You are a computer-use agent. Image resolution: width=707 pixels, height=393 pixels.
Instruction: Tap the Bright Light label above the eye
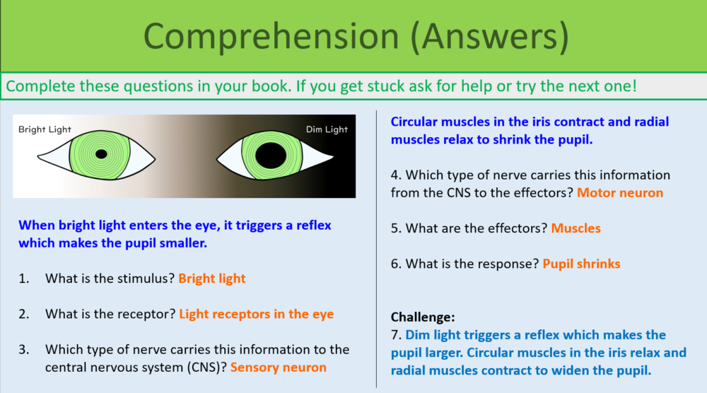click(x=45, y=129)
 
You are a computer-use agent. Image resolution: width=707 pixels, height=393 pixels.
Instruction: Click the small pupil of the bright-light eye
click(x=101, y=154)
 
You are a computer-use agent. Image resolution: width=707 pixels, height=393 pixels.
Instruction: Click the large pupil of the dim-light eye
click(x=270, y=156)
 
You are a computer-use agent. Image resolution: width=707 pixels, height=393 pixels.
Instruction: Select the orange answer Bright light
click(x=212, y=278)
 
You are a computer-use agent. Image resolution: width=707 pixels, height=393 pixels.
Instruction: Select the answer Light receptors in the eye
click(x=256, y=314)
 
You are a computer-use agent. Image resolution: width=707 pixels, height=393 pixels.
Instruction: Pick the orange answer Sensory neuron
click(x=279, y=367)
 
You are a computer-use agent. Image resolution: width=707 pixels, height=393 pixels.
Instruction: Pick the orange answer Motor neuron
click(x=620, y=192)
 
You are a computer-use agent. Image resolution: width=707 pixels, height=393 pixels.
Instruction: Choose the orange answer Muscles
click(x=575, y=228)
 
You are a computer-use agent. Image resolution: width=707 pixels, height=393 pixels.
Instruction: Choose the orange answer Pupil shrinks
click(x=581, y=264)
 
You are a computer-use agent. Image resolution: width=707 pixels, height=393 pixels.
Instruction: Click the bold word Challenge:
click(x=423, y=317)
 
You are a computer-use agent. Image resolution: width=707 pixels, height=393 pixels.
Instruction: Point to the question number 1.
click(x=24, y=278)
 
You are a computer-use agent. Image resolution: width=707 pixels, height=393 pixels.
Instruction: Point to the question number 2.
click(x=24, y=314)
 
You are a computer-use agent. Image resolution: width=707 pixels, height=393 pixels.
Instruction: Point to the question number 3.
click(x=24, y=349)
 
